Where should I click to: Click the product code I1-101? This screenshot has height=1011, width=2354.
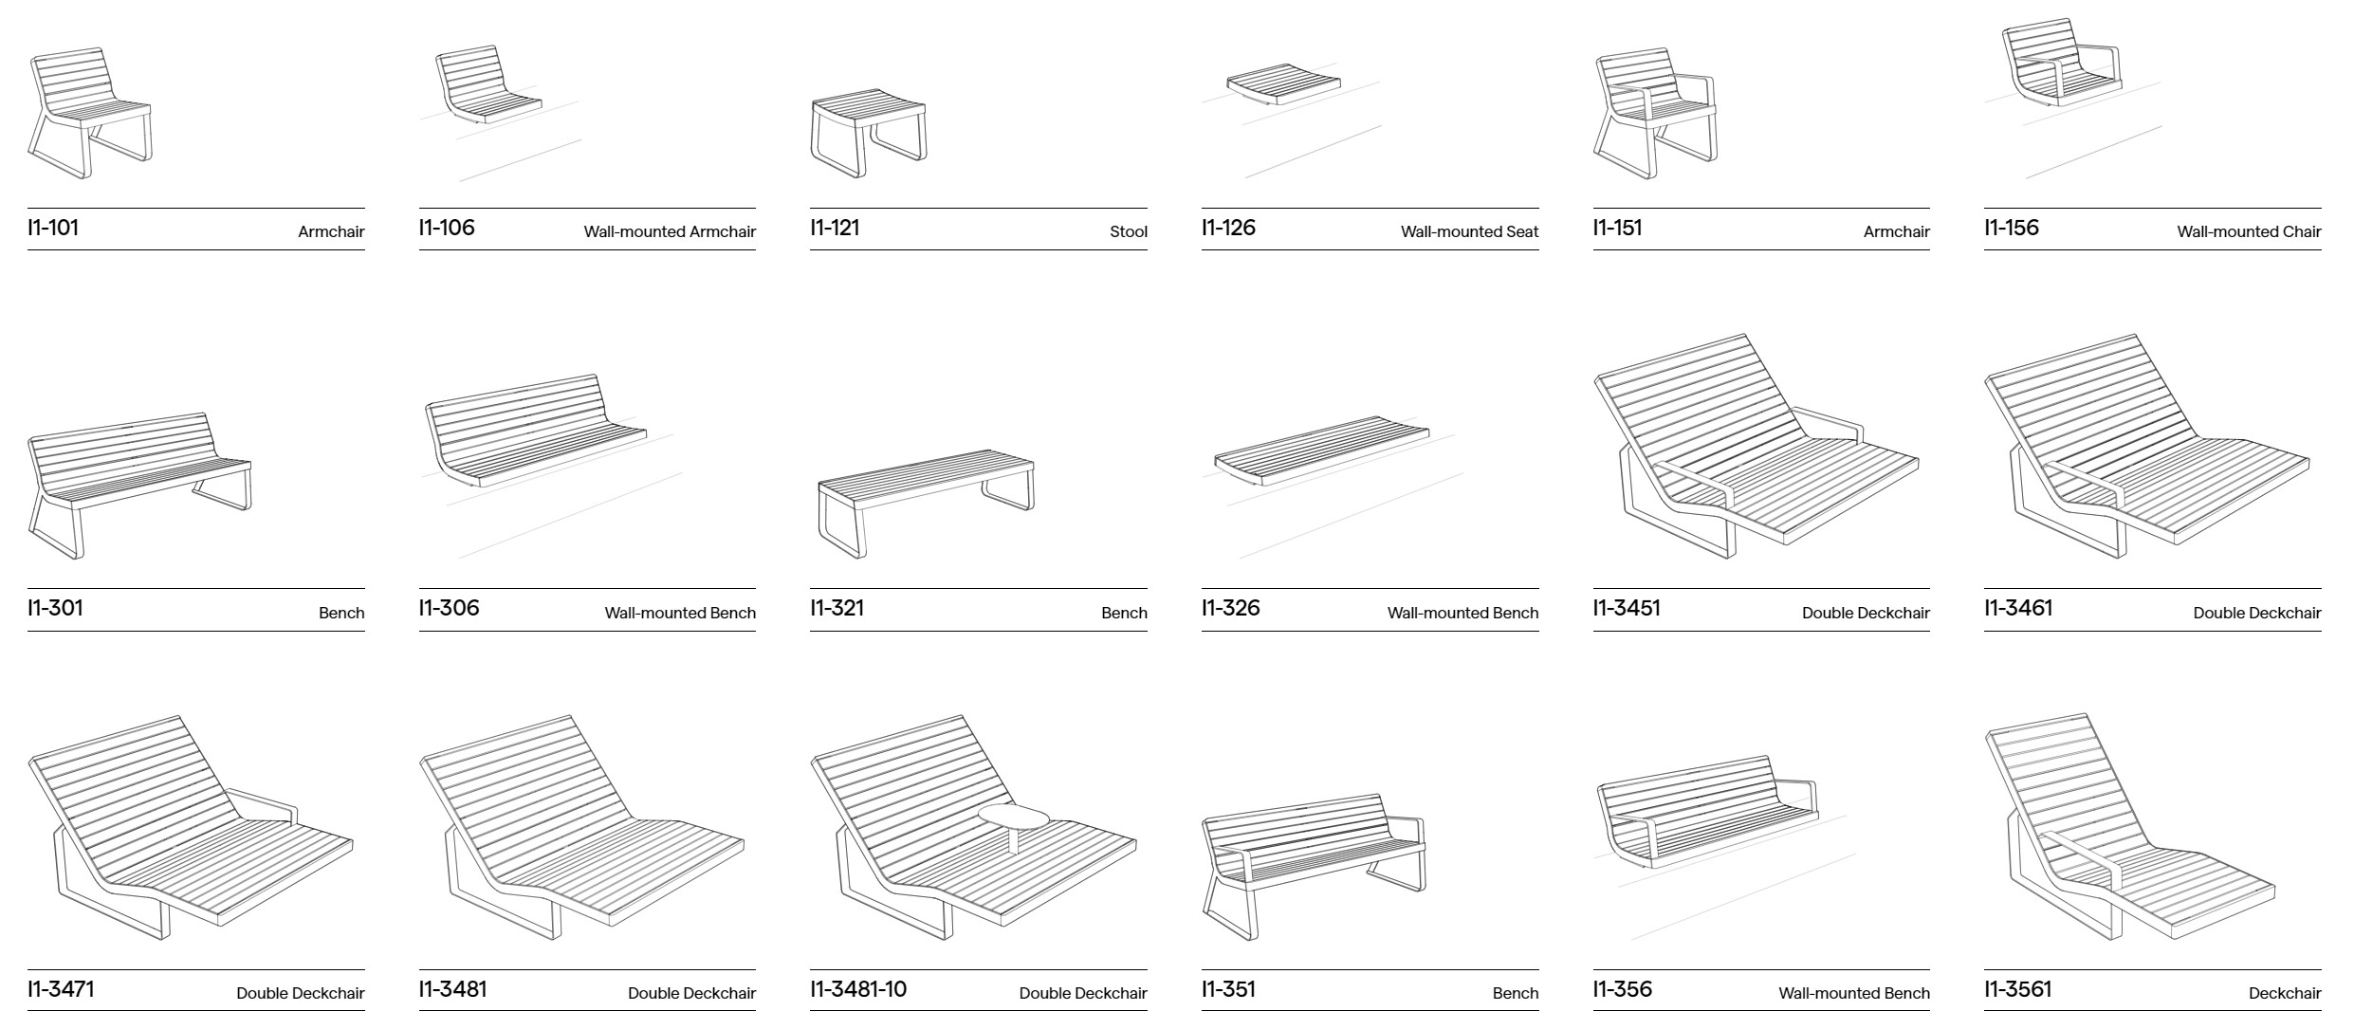[53, 228]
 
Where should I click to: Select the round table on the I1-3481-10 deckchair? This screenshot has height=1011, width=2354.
[1014, 817]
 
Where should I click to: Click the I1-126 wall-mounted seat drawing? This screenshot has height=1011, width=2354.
[1283, 83]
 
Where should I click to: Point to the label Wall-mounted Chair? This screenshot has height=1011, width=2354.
[2249, 231]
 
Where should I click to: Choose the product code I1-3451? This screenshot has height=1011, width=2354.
[1627, 608]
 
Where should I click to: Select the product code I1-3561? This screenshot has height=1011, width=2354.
[2017, 989]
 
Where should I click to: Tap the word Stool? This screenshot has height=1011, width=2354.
[1129, 231]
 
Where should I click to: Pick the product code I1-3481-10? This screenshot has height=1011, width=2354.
[858, 989]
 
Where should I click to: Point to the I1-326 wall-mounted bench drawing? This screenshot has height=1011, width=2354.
[1321, 451]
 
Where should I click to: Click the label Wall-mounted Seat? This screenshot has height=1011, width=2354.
[1469, 231]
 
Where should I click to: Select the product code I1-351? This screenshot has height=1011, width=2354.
[1228, 989]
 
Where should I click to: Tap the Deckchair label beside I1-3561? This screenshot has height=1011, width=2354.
[2285, 993]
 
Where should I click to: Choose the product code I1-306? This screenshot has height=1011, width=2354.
[449, 608]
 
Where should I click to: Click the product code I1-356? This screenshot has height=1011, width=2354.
[1622, 989]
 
